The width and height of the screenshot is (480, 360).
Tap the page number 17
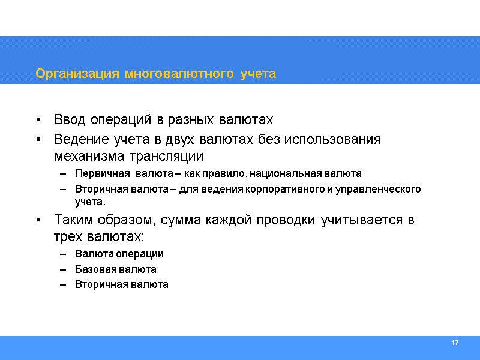coord(454,343)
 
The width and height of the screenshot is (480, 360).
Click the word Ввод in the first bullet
coord(70,119)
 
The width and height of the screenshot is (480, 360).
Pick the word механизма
coord(88,157)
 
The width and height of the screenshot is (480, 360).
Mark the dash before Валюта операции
coord(63,254)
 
